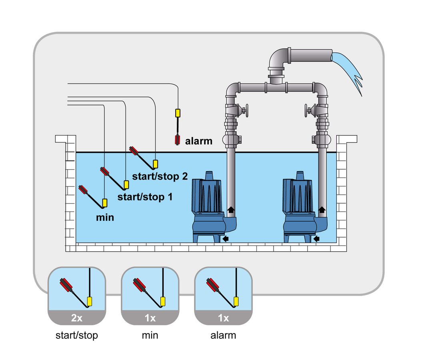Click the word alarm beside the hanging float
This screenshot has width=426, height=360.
click(199, 141)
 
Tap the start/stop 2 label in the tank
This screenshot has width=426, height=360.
click(160, 176)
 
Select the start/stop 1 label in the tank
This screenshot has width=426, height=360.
click(145, 197)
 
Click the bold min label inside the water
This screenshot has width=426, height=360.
click(105, 217)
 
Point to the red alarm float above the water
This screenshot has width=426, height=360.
click(178, 140)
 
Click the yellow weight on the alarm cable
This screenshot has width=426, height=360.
click(178, 113)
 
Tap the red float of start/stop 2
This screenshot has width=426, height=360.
click(134, 150)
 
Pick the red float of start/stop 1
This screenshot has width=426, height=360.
click(104, 171)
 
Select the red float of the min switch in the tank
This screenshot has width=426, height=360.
click(83, 189)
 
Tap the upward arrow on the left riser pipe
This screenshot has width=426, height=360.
click(231, 209)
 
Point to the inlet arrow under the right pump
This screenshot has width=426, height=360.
click(316, 239)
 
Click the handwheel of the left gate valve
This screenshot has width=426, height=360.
click(247, 110)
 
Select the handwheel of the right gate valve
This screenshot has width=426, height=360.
click(306, 110)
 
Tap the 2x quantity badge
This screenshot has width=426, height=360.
click(77, 318)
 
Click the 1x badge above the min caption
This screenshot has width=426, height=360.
click(150, 318)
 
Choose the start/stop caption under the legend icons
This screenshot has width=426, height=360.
click(77, 335)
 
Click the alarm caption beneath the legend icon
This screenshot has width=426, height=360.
click(223, 335)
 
